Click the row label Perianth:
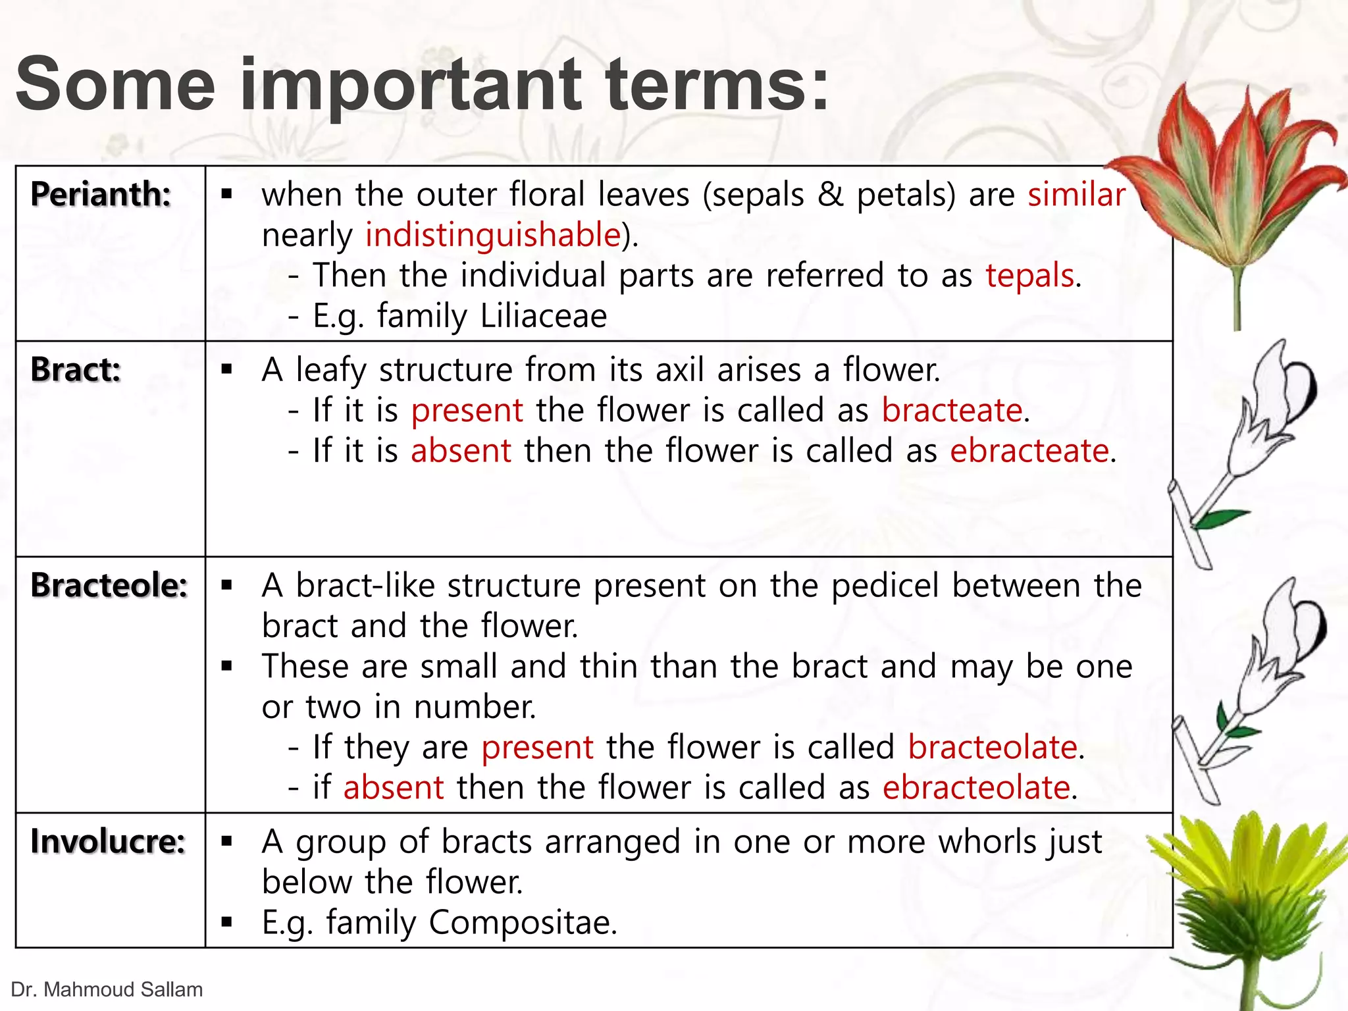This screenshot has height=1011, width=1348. [101, 195]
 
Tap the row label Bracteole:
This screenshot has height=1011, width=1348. [109, 585]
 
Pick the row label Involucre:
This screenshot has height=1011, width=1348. [108, 841]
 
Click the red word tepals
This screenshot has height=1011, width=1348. [1029, 275]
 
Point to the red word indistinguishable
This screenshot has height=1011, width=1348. [493, 235]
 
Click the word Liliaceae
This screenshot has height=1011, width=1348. [544, 316]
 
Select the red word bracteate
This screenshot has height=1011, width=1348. [952, 411]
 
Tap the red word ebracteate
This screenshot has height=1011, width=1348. [1029, 452]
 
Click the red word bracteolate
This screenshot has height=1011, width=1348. [992, 748]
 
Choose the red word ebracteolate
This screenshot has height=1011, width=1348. [976, 788]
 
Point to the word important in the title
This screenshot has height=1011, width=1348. [411, 86]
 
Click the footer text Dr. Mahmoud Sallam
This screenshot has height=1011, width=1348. [107, 989]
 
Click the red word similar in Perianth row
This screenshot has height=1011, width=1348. [1076, 195]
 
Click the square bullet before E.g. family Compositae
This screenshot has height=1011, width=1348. [227, 922]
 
